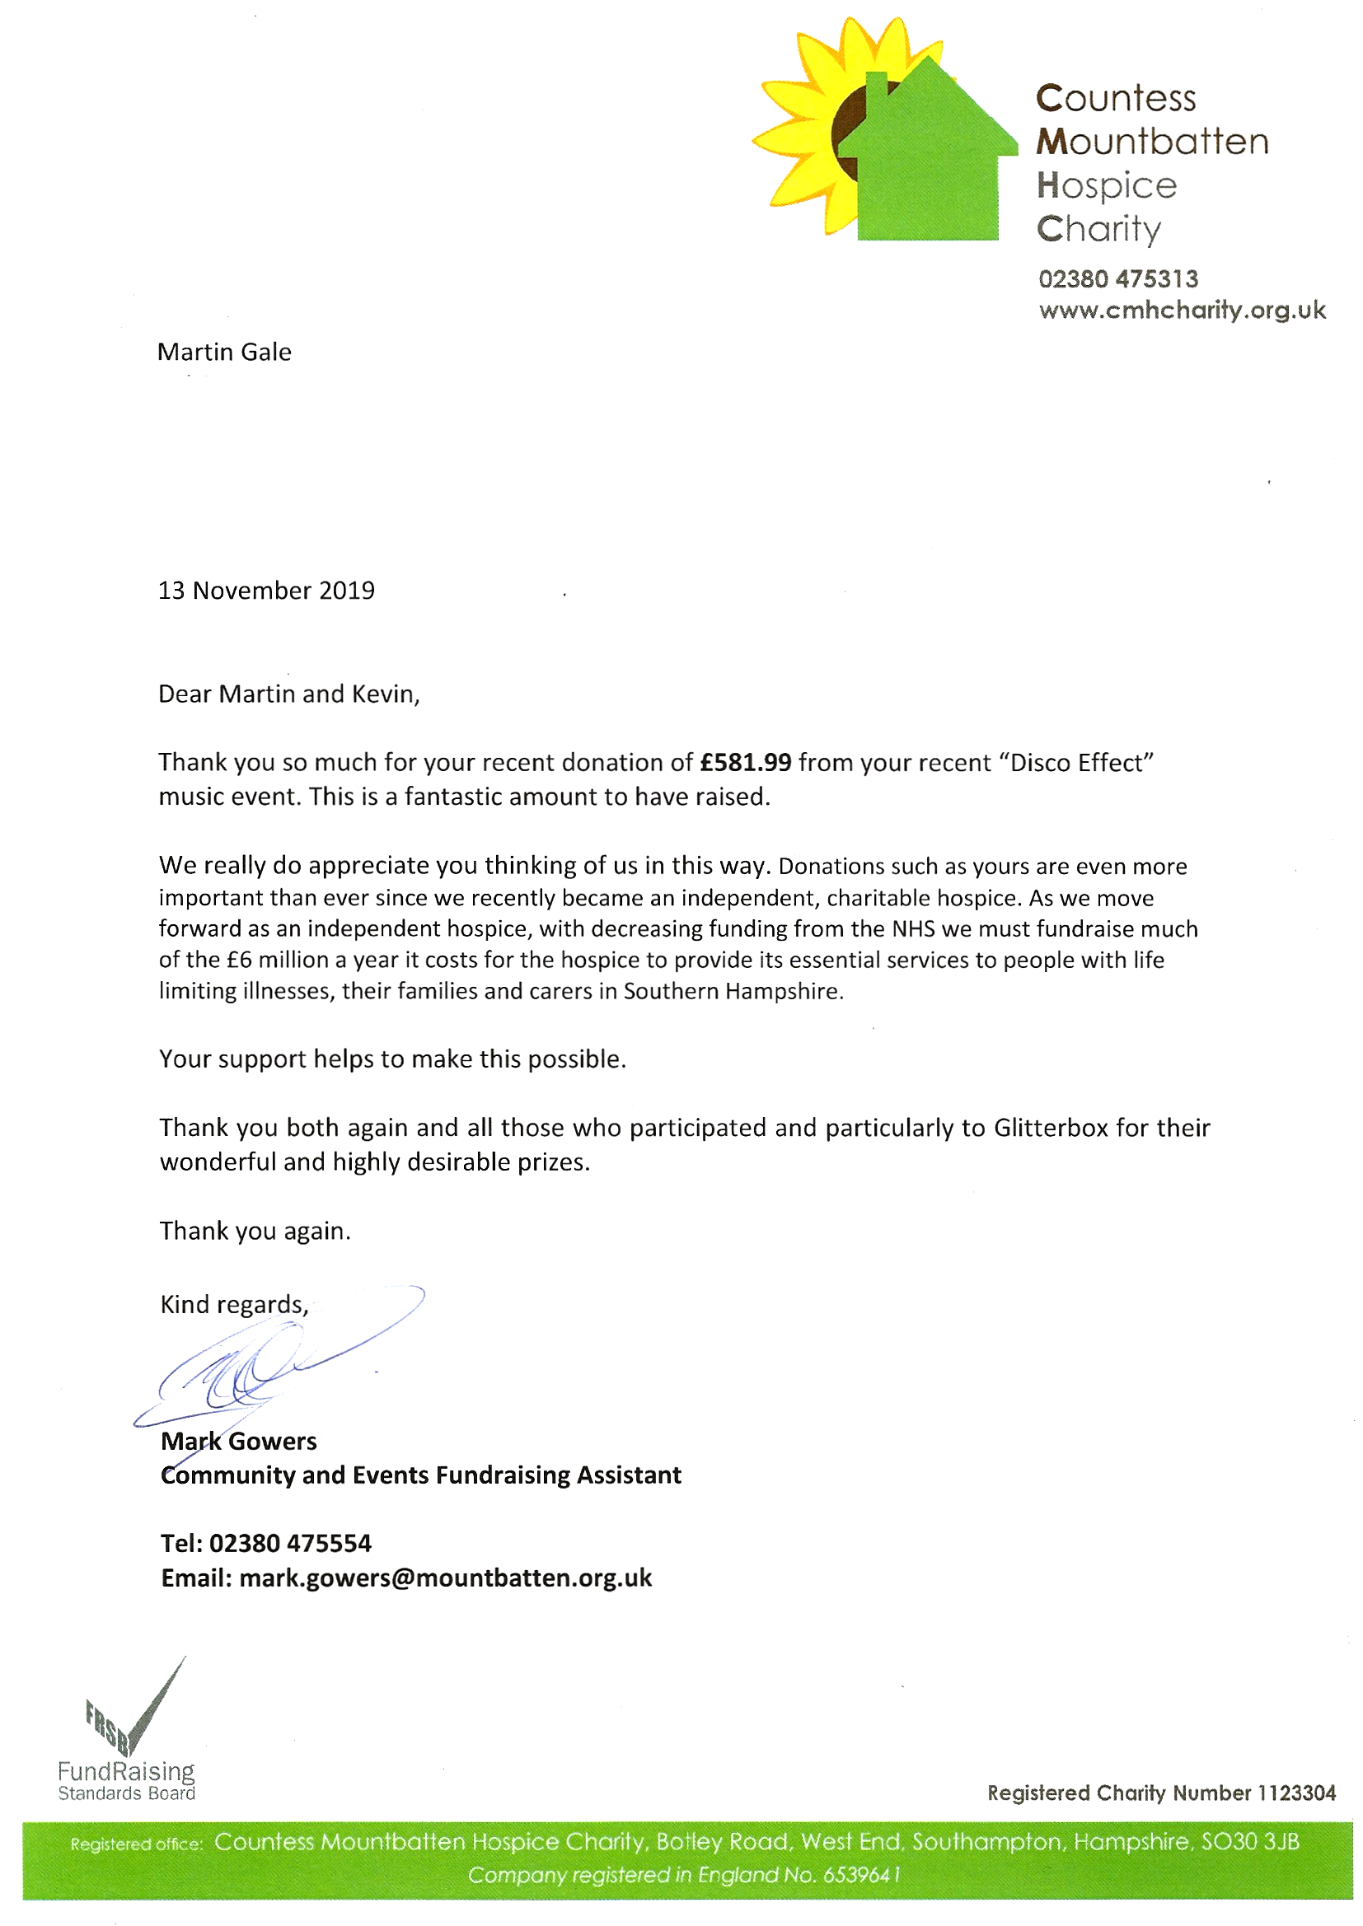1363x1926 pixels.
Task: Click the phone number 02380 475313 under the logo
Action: [1118, 279]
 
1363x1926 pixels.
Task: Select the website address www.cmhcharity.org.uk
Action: [1182, 311]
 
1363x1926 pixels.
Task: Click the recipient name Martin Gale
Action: [224, 353]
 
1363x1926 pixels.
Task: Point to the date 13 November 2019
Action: [266, 591]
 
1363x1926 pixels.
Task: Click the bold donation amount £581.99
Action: [746, 763]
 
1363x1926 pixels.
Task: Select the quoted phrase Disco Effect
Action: [1077, 764]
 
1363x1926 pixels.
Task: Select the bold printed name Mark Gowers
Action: [238, 1441]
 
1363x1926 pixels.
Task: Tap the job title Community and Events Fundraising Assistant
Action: [420, 1475]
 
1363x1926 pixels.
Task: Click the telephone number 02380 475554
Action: [289, 1544]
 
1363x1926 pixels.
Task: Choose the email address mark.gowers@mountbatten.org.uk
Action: [445, 1578]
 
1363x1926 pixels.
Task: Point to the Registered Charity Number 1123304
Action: [1161, 1793]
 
